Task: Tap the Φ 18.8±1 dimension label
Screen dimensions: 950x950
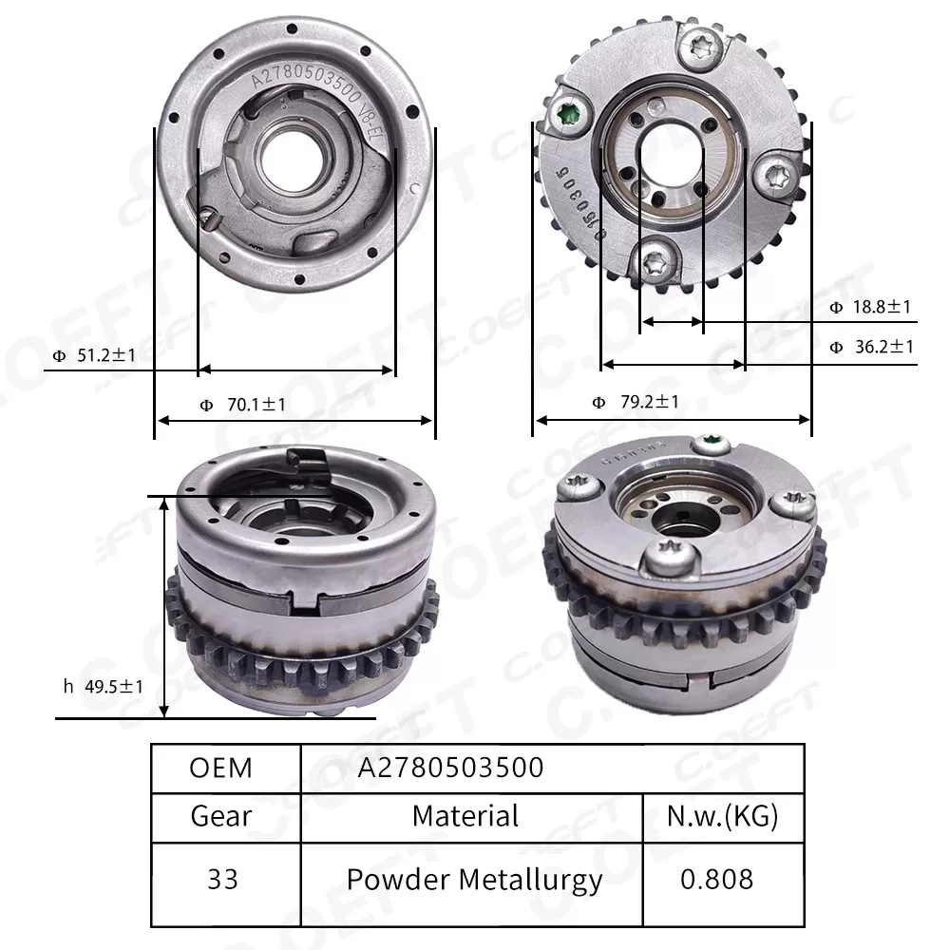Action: pyautogui.click(x=870, y=307)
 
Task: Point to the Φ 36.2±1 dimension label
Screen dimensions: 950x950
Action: pyautogui.click(x=870, y=348)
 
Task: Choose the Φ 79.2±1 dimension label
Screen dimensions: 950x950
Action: pyautogui.click(x=636, y=402)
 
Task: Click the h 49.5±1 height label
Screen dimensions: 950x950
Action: pyautogui.click(x=103, y=685)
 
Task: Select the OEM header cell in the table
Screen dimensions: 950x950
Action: pyautogui.click(x=221, y=768)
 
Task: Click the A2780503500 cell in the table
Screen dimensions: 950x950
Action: pyautogui.click(x=450, y=768)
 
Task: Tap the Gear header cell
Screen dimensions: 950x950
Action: pyautogui.click(x=221, y=815)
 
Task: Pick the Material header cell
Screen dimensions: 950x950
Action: pyautogui.click(x=465, y=815)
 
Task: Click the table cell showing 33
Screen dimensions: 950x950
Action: pyautogui.click(x=221, y=879)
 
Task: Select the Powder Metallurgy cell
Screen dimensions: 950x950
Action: pyautogui.click(x=474, y=879)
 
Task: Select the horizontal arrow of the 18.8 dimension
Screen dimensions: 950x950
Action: pyautogui.click(x=671, y=323)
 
